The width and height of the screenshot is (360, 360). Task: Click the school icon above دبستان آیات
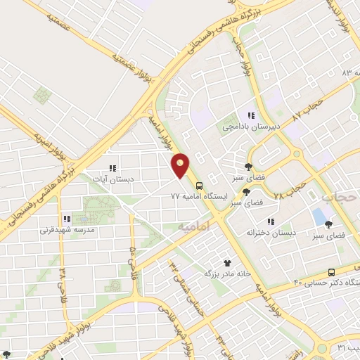click(112, 168)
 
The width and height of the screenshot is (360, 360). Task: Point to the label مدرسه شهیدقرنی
click(66, 229)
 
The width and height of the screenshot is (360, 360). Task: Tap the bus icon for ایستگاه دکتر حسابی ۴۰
click(331, 272)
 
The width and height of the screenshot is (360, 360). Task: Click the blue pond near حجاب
click(320, 216)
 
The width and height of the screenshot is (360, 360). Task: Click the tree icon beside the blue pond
click(329, 224)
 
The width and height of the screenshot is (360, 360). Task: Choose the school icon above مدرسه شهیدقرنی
click(66, 219)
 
